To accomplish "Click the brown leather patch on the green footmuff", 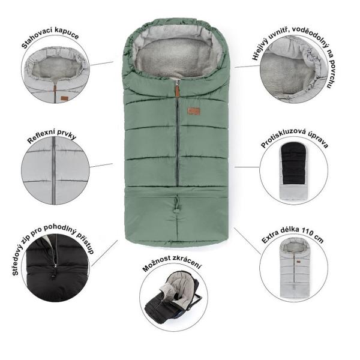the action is click(x=194, y=111).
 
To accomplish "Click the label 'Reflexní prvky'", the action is click(x=52, y=136).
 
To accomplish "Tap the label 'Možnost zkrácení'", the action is click(x=172, y=263).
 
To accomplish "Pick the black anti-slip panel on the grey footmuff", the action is click(x=294, y=163).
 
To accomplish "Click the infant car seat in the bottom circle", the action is click(x=174, y=298).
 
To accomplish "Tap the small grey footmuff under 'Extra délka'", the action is click(x=294, y=268).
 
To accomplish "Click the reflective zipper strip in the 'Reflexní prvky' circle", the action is click(x=54, y=170).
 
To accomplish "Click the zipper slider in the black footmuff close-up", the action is click(x=55, y=266).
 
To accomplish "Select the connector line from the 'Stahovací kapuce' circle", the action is click(x=101, y=64).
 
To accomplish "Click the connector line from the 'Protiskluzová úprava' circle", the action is click(x=247, y=167).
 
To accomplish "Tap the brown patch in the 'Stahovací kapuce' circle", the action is click(x=64, y=98).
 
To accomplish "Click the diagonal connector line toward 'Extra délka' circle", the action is click(x=247, y=241).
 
